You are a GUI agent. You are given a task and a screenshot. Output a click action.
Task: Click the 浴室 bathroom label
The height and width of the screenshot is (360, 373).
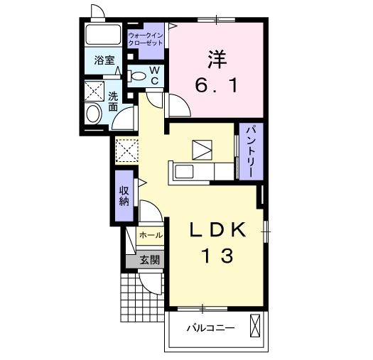click(104, 60)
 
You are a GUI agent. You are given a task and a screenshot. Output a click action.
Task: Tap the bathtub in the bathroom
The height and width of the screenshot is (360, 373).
click(103, 35)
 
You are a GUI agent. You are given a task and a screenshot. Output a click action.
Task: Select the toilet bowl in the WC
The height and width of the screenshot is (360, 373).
click(137, 76)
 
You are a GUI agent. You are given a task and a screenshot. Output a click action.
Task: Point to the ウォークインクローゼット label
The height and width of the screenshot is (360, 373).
click(146, 39)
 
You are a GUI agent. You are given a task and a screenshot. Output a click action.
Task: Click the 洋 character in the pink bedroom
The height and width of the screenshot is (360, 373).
click(217, 60)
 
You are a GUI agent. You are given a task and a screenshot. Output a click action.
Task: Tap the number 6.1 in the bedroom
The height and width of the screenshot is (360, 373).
click(217, 86)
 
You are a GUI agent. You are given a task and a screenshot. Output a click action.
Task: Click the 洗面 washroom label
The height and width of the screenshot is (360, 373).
click(113, 102)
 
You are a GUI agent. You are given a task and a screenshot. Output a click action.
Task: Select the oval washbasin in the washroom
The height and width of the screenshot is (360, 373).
click(93, 114)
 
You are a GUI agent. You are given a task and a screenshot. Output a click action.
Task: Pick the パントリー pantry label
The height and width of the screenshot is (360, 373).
click(251, 151)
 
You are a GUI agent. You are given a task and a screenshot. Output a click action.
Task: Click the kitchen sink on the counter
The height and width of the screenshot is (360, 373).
click(184, 171)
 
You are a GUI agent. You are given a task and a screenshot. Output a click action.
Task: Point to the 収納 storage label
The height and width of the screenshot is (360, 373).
click(124, 197)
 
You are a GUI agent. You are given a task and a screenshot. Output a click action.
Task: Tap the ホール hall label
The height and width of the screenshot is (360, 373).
click(151, 236)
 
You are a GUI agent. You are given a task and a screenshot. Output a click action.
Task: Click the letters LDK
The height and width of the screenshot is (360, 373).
click(217, 229)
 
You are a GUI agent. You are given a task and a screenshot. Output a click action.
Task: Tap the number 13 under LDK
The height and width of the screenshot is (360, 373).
click(217, 256)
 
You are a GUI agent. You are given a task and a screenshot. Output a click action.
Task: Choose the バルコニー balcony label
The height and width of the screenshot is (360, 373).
click(210, 328)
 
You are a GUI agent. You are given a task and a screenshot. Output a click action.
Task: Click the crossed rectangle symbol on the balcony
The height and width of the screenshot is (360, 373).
click(255, 326)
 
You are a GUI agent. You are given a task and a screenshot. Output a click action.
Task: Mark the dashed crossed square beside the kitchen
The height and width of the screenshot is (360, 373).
click(126, 151)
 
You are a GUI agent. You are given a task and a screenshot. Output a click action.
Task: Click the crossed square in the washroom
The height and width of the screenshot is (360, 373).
click(94, 91)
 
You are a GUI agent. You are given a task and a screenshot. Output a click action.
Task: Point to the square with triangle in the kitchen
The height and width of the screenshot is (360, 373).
click(202, 150)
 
